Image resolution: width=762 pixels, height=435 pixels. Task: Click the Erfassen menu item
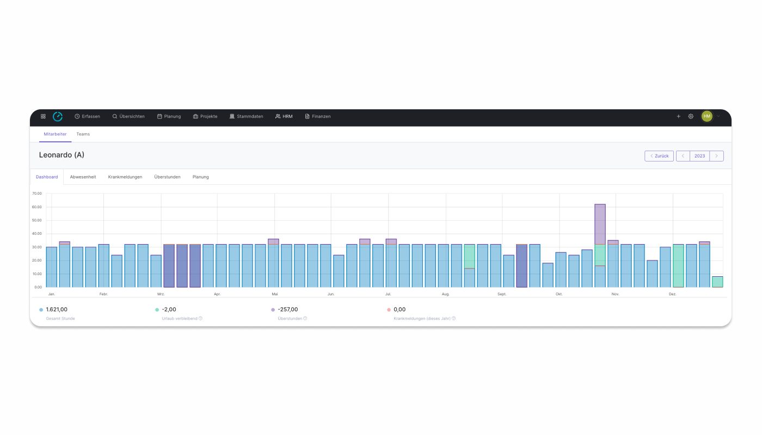[88, 116]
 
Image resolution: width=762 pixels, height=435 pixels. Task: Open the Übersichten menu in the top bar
[129, 116]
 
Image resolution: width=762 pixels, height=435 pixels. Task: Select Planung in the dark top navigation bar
[169, 116]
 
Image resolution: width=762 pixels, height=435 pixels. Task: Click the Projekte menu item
[205, 116]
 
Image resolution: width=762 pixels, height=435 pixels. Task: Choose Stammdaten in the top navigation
[247, 116]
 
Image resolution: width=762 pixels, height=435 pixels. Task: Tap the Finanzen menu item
[318, 116]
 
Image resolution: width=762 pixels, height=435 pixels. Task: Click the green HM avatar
[707, 116]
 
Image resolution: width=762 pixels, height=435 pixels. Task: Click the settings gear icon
[691, 116]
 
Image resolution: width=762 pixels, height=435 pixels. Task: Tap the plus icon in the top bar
[678, 116]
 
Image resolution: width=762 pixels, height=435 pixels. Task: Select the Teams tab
[83, 134]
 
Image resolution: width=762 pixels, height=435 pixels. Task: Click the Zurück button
[659, 156]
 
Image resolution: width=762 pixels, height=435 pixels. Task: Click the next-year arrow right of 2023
[716, 156]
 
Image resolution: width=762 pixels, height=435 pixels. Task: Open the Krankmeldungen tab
[125, 177]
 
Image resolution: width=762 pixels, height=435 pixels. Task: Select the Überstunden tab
[167, 177]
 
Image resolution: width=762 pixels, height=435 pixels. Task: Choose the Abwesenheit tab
[83, 177]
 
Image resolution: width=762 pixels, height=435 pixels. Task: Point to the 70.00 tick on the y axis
[37, 194]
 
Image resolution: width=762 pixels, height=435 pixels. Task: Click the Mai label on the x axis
[274, 294]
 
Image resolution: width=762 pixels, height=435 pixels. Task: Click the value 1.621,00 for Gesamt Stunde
[57, 309]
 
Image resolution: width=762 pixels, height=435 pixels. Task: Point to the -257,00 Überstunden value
[288, 309]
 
